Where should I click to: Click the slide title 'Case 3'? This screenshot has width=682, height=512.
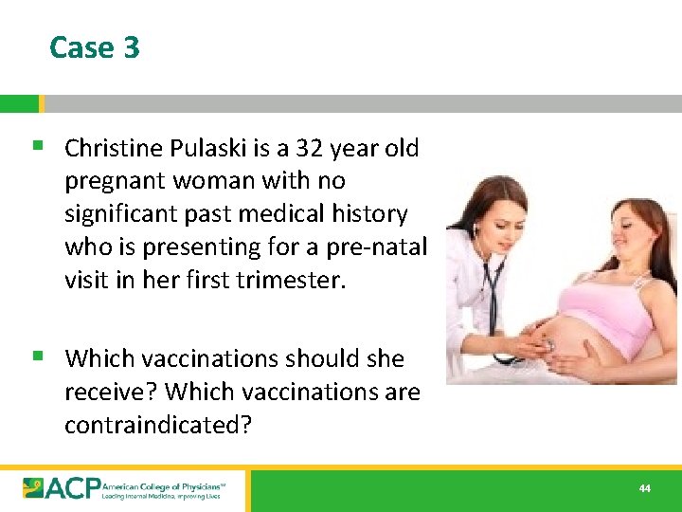94,47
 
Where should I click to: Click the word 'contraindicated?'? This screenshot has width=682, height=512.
158,424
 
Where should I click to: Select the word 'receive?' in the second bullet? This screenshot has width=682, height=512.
110,392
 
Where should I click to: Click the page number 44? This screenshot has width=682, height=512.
645,488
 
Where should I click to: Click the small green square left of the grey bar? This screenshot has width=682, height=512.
19,103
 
